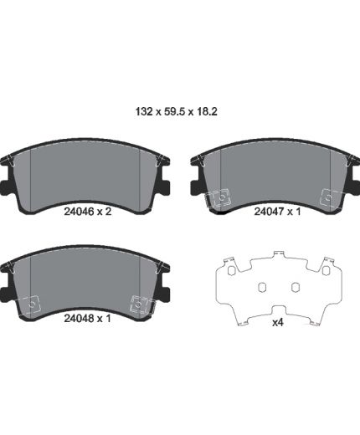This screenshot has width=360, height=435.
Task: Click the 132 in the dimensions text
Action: point(144,111)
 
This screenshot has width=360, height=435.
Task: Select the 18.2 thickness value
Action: point(207,111)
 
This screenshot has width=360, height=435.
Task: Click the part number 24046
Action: point(79,212)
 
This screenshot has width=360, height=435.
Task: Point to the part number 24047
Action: point(269,212)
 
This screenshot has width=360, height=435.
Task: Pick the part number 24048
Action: point(79,318)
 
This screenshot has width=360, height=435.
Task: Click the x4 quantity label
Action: point(278,323)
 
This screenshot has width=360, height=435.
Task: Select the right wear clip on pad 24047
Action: point(330,197)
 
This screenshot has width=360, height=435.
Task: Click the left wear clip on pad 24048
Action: point(30,304)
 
